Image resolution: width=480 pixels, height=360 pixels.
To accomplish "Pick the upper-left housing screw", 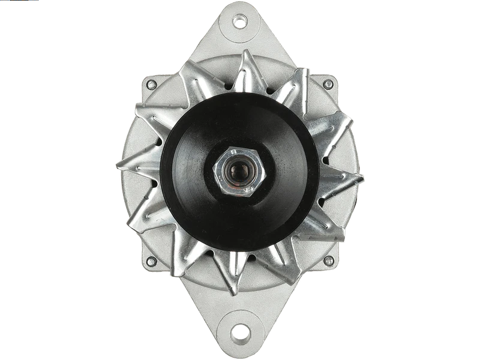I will tap(151, 84).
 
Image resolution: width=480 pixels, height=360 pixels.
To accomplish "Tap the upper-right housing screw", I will tap(328, 84).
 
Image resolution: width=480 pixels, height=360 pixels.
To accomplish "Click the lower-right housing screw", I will tap(328, 261).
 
